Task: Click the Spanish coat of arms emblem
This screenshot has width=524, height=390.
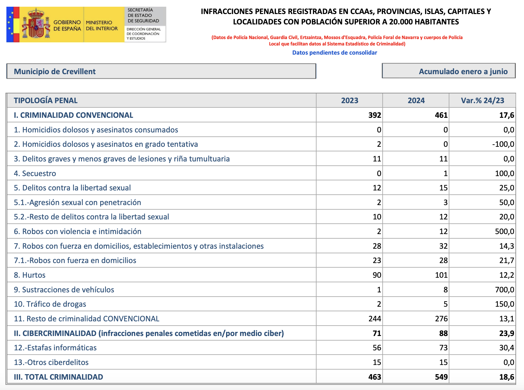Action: click(36, 24)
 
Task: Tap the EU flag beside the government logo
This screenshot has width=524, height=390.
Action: click(11, 24)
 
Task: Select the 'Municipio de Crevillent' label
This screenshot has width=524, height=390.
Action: click(55, 71)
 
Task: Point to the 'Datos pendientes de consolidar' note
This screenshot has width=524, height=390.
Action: click(335, 52)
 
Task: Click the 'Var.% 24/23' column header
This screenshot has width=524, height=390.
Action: click(482, 100)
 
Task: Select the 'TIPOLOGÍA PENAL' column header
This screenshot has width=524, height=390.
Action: click(46, 100)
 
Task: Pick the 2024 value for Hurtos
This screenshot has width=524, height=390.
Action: click(441, 275)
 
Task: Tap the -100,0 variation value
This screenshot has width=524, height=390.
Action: click(503, 144)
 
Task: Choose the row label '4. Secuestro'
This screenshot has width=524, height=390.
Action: click(35, 173)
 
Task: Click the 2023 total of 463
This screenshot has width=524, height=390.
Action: click(374, 377)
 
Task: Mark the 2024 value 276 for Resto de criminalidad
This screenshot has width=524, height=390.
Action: click(441, 319)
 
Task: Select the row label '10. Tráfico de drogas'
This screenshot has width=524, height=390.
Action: click(50, 304)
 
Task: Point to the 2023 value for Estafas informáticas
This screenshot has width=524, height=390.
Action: click(377, 348)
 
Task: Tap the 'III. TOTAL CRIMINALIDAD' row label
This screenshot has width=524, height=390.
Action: click(58, 377)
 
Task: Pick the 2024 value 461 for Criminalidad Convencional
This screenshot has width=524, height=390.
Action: click(441, 115)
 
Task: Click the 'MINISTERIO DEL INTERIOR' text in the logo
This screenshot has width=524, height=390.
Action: click(102, 26)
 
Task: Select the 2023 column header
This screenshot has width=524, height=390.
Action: click(349, 100)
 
